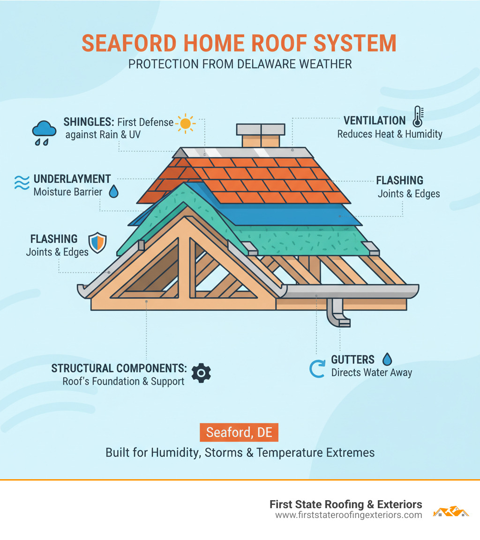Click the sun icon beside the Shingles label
(186, 123)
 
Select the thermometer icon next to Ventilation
(418, 117)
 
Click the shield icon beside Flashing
(97, 243)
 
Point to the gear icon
(202, 373)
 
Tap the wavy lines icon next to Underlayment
(21, 182)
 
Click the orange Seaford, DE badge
(239, 432)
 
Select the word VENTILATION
(374, 121)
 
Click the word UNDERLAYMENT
(72, 179)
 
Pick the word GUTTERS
(352, 360)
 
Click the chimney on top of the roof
(261, 135)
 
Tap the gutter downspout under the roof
(338, 313)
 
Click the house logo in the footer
(451, 511)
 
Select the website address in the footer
(348, 515)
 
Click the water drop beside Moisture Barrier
(114, 191)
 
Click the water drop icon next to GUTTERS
(387, 359)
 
